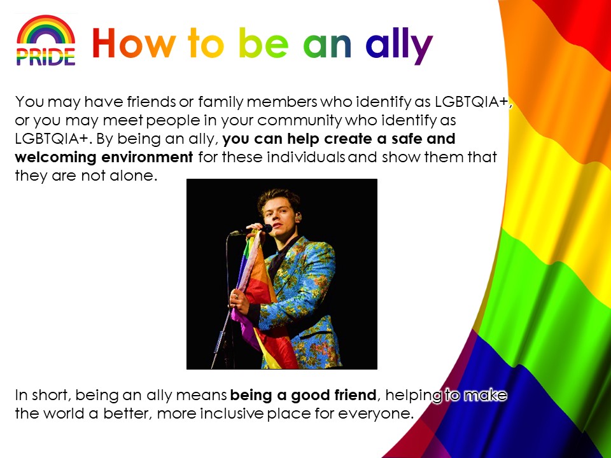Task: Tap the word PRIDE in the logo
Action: click(x=46, y=57)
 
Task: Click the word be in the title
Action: click(x=263, y=43)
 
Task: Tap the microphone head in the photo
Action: click(x=266, y=228)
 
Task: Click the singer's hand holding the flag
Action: click(x=240, y=301)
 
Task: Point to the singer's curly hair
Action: click(x=279, y=199)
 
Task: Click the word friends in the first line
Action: click(x=151, y=102)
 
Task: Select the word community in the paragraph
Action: click(x=299, y=121)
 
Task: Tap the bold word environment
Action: click(x=147, y=157)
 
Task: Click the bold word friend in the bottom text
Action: click(x=355, y=395)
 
